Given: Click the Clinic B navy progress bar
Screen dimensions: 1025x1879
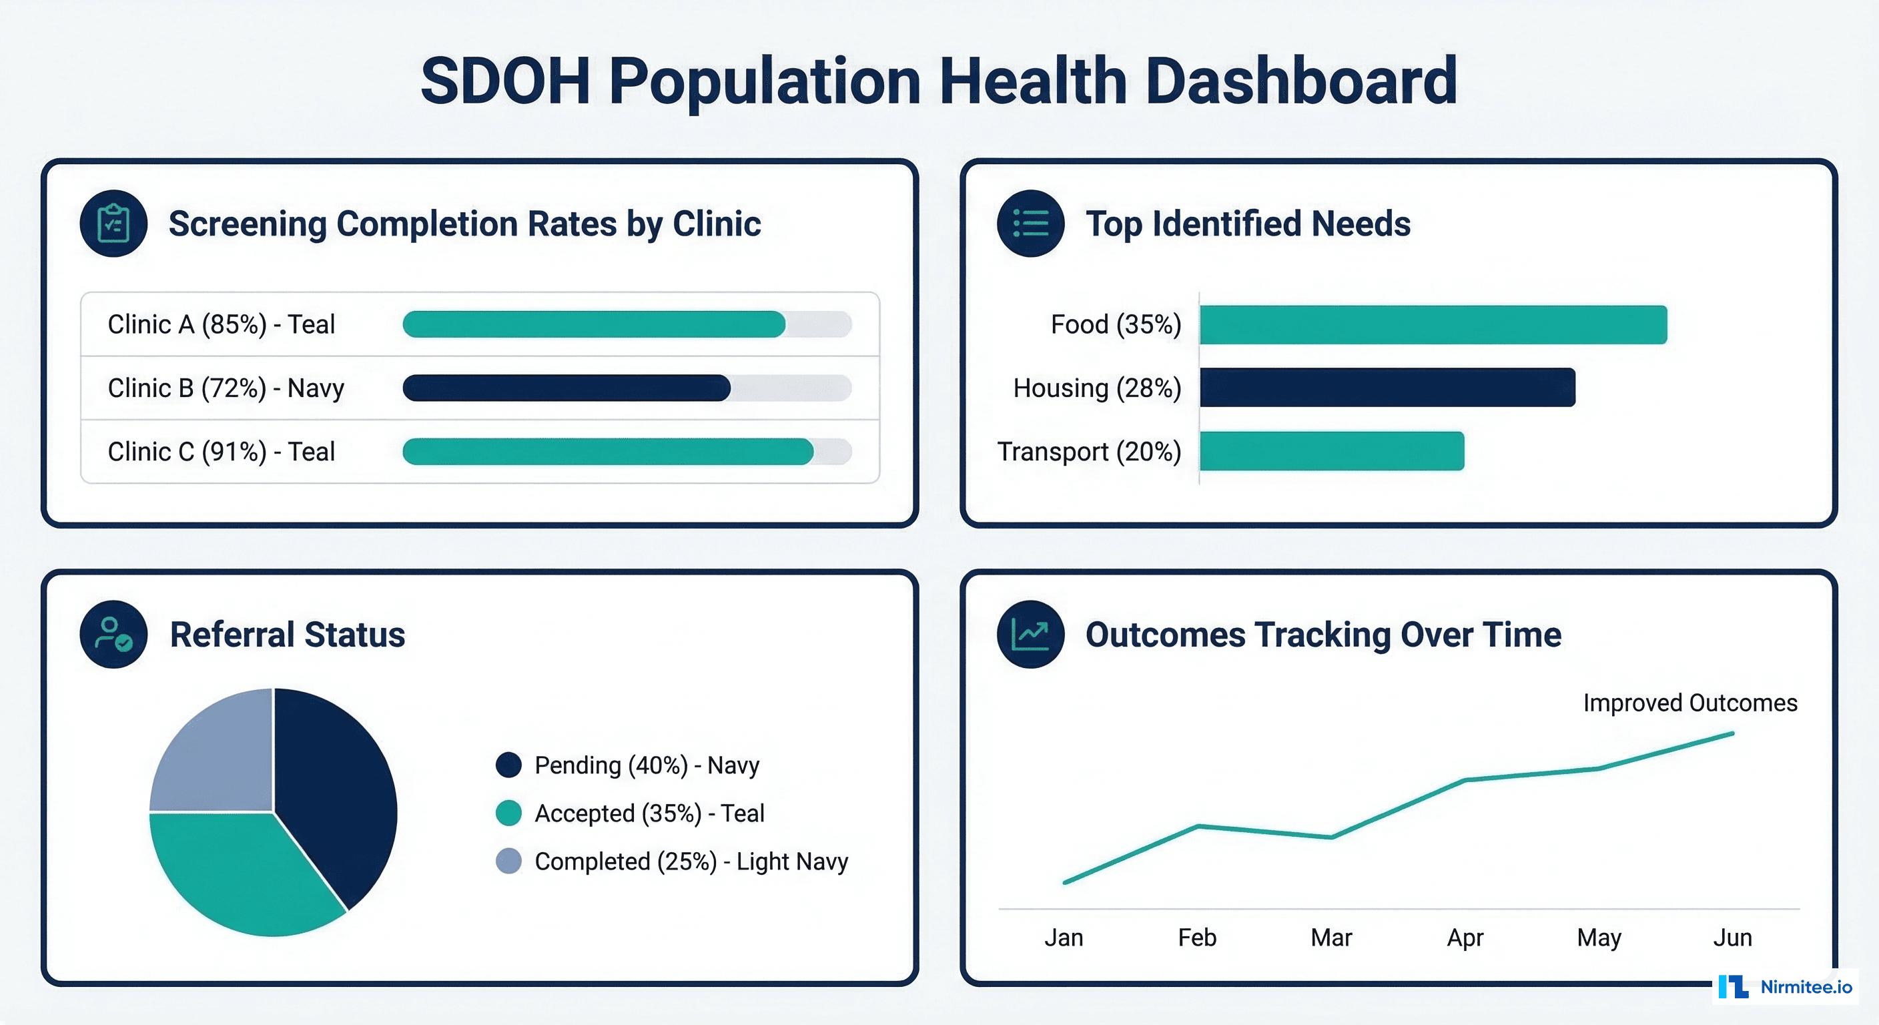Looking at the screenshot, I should point(566,388).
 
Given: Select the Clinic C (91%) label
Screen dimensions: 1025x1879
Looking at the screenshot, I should point(221,452).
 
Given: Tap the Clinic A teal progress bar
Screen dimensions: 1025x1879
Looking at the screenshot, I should point(594,324).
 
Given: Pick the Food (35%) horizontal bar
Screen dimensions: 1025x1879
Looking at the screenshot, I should point(1433,324).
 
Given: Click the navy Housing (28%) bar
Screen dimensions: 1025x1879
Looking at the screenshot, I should point(1387,388).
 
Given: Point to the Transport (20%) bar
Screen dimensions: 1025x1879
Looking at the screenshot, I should point(1331,451).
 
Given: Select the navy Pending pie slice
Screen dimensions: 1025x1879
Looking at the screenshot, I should point(336,788).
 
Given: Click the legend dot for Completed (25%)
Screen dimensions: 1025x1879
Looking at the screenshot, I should point(508,861).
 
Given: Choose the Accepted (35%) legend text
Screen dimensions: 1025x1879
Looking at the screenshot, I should point(649,813).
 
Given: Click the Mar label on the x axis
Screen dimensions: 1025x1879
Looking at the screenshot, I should point(1331,938).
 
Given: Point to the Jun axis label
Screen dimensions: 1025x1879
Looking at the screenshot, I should point(1732,938).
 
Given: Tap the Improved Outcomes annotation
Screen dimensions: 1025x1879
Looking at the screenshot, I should point(1689,703).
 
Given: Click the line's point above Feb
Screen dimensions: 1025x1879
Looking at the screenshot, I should point(1198,826).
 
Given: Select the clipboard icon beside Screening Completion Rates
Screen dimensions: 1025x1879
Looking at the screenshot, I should point(113,224).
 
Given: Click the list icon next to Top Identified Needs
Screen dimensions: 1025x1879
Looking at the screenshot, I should point(1030,224).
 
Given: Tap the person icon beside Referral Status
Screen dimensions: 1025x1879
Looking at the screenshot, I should point(113,634).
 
